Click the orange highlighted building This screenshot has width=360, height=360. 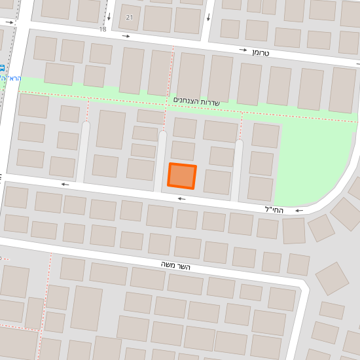(x=182, y=175)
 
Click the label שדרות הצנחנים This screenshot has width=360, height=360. (x=196, y=101)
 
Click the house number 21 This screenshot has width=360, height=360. (x=129, y=17)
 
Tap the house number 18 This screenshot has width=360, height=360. (x=103, y=29)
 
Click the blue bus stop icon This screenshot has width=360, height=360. (x=2, y=67)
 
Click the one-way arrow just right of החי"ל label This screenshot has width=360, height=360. (x=299, y=211)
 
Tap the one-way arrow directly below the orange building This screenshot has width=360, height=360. (x=181, y=198)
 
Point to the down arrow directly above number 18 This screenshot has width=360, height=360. (x=109, y=16)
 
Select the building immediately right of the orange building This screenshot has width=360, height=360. (x=217, y=182)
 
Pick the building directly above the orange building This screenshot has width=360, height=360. (x=183, y=151)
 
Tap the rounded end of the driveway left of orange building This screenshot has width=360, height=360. (x=162, y=135)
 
